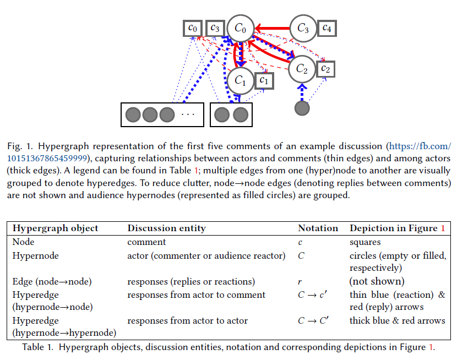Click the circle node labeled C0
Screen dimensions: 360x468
pyautogui.click(x=241, y=28)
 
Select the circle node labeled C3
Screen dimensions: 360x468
pyautogui.click(x=303, y=28)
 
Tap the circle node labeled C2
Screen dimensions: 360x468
pyautogui.click(x=302, y=69)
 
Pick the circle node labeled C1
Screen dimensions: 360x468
pyautogui.click(x=240, y=80)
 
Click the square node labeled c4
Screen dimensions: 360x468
pyautogui.click(x=327, y=28)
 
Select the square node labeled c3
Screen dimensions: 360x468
pyautogui.click(x=215, y=28)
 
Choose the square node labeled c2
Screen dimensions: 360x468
pyautogui.click(x=325, y=69)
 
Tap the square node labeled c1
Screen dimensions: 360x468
pyautogui.click(x=264, y=80)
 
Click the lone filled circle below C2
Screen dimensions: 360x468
pyautogui.click(x=302, y=108)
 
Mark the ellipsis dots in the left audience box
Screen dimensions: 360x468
pyautogui.click(x=188, y=114)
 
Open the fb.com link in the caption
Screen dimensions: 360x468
pyautogui.click(x=420, y=146)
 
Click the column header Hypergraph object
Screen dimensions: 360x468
pyautogui.click(x=56, y=228)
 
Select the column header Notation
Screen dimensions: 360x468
pyautogui.click(x=318, y=228)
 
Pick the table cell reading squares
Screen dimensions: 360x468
pyautogui.click(x=364, y=242)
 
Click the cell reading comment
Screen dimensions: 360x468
pyautogui.click(x=146, y=242)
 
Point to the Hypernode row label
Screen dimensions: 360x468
pyautogui.click(x=35, y=255)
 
